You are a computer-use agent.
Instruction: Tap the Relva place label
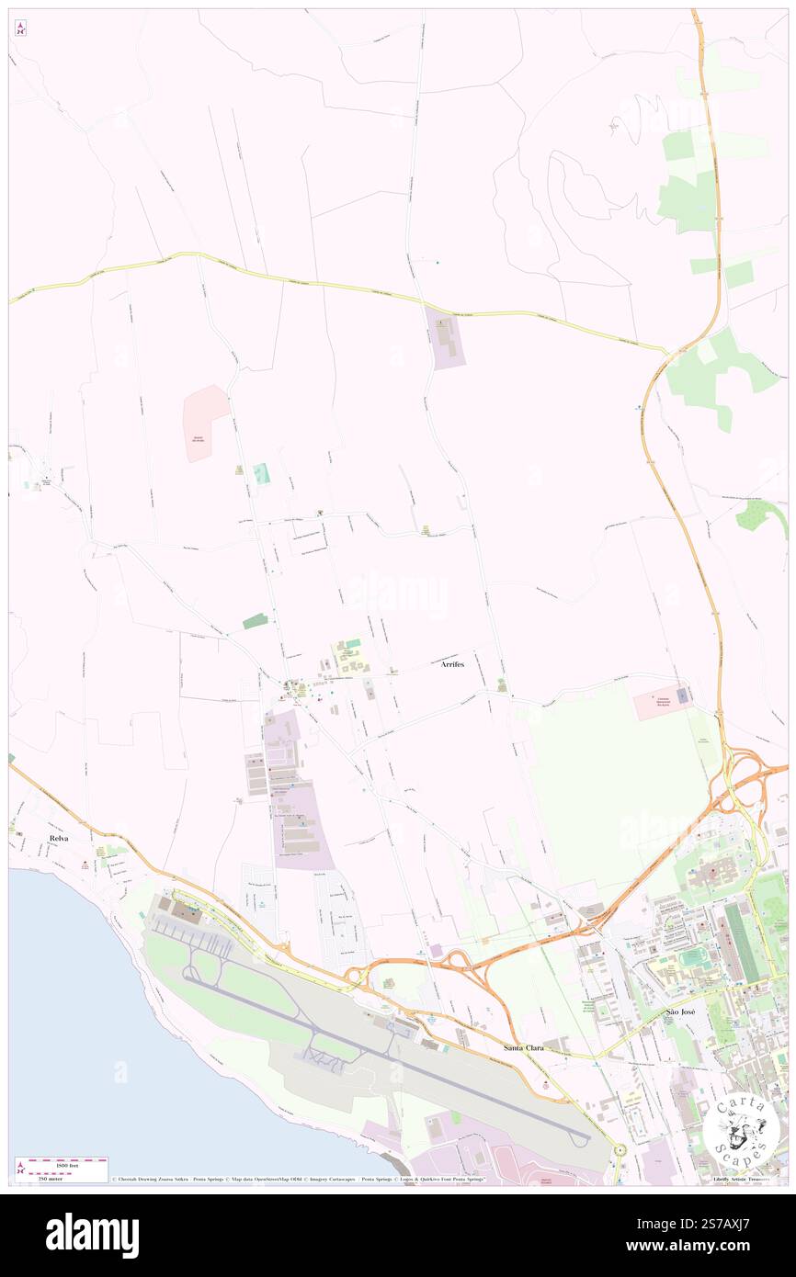coord(61,839)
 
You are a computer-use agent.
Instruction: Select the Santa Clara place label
coord(524,1047)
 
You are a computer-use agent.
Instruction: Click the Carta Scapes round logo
coord(741,1129)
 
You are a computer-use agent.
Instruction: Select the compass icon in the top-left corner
coord(20,28)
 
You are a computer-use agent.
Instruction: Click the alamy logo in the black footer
coord(92,1235)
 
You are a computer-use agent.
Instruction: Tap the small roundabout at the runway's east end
coord(619,1149)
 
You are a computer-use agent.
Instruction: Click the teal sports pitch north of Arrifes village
coord(262,473)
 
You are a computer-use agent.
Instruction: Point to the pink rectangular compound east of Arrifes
coord(662,704)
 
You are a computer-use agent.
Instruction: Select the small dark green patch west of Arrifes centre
coord(256,622)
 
